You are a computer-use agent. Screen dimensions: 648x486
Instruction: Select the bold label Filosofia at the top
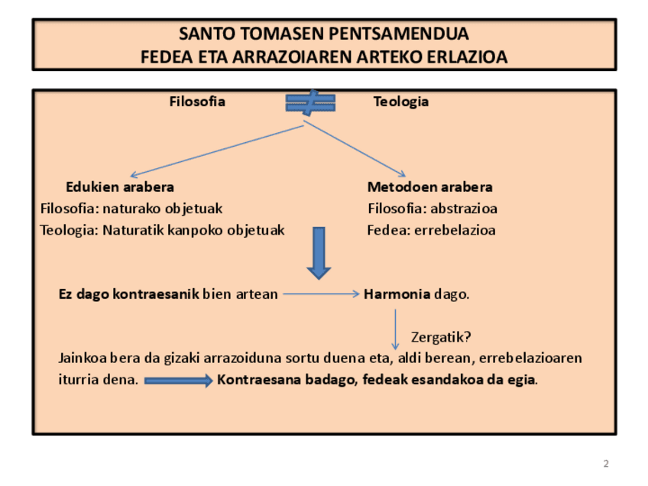click(x=197, y=102)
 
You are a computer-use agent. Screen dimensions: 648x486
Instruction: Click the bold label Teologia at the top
click(x=400, y=102)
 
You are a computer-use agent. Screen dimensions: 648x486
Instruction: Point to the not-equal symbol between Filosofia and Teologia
click(x=309, y=102)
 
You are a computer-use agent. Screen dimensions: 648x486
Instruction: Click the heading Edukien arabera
click(x=120, y=186)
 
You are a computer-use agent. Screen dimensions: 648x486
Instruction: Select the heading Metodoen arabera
click(x=429, y=186)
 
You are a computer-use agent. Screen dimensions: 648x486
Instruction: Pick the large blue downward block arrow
click(x=319, y=252)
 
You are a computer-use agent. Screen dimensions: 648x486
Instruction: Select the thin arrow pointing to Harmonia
click(x=321, y=293)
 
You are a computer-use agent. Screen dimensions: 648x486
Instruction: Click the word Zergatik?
click(x=440, y=337)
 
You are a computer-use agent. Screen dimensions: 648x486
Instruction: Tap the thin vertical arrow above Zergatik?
click(x=395, y=329)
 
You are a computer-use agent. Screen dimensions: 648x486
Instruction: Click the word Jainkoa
click(x=83, y=358)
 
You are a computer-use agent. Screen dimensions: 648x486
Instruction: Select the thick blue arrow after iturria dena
click(x=179, y=380)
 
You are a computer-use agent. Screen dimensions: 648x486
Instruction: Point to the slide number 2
click(x=606, y=464)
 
